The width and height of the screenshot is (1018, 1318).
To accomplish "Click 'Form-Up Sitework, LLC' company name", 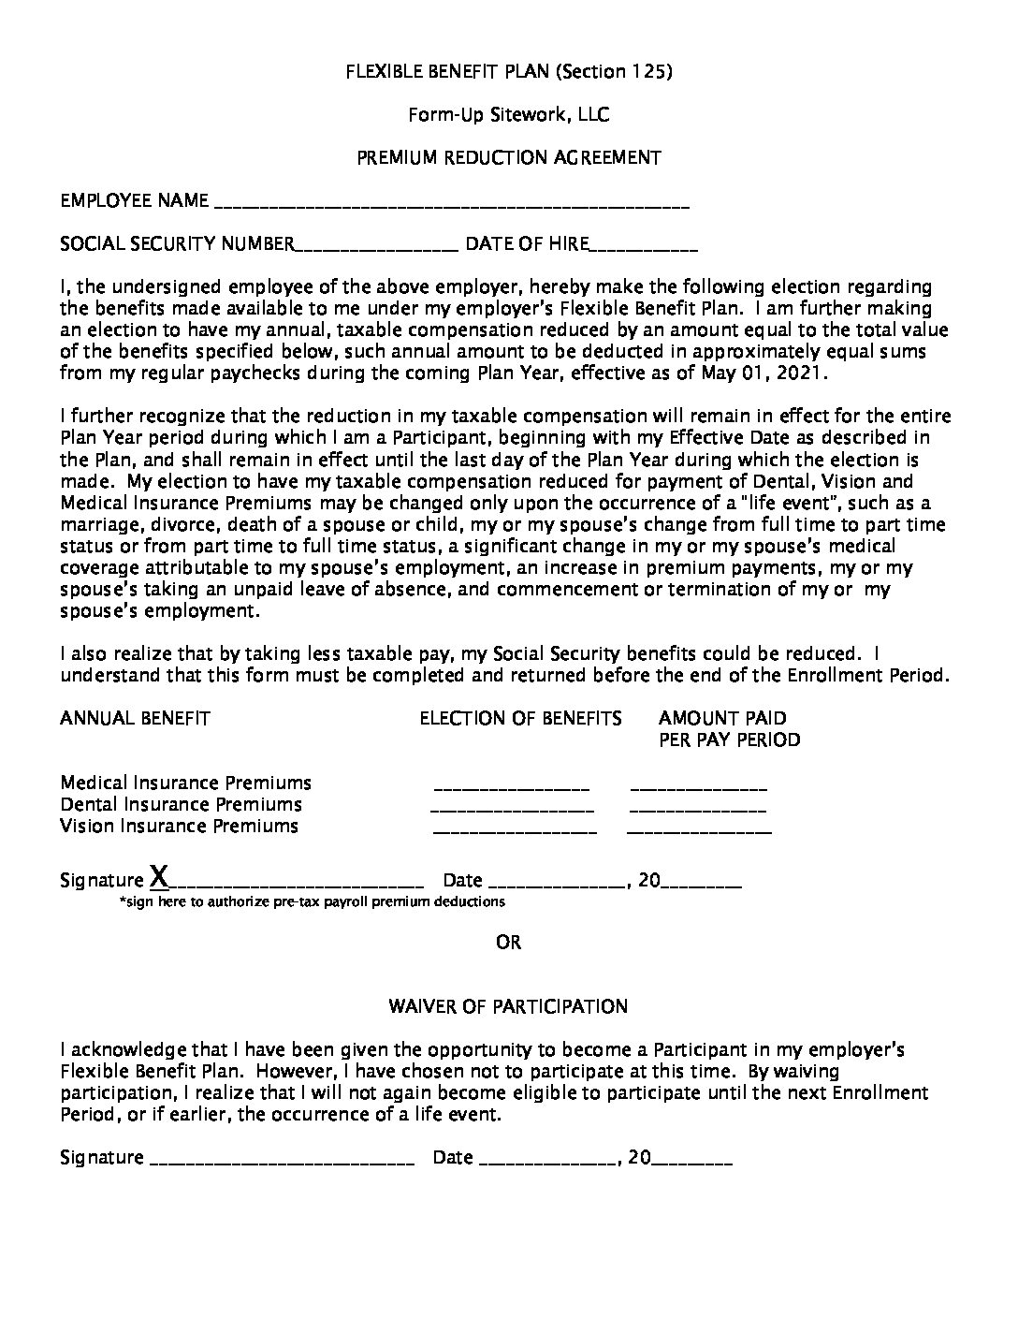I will [x=508, y=115].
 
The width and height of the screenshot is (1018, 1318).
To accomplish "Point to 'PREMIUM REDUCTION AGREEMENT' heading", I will [x=508, y=158].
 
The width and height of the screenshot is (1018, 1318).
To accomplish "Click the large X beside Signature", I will [x=160, y=877].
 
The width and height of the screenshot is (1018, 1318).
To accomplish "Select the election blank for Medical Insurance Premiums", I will [x=512, y=787].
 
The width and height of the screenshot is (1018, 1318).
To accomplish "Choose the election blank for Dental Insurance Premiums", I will [x=512, y=809].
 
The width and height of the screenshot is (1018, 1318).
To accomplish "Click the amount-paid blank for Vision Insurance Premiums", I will [x=699, y=830].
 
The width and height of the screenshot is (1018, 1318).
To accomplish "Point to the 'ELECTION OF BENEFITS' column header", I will [x=520, y=718].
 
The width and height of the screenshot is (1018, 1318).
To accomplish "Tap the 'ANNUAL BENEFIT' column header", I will [x=135, y=718].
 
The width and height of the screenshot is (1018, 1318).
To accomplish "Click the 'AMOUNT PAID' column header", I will [x=722, y=718].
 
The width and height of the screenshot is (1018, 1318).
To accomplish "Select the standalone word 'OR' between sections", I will [x=508, y=943].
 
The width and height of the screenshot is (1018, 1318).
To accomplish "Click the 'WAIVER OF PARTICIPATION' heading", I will [x=508, y=1007].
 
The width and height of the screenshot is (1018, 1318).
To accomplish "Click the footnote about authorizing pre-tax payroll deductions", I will [x=312, y=902].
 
